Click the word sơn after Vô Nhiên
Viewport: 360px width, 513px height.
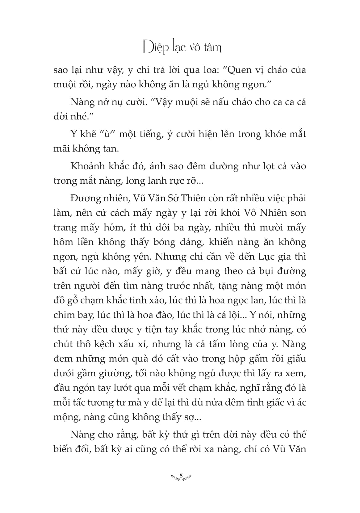pos(297,213)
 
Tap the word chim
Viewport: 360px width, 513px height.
pos(64,315)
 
